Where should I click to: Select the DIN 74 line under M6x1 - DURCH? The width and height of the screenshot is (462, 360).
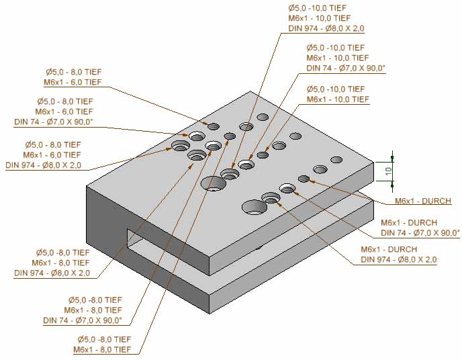420,232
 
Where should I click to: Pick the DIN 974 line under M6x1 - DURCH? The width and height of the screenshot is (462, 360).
398,259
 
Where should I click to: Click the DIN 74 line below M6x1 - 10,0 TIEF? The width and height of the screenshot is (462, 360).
346,68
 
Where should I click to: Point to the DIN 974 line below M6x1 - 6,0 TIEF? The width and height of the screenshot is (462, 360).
43,165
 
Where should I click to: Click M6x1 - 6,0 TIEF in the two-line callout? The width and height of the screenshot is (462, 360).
73,82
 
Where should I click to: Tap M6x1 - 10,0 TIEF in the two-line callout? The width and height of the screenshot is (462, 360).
337,99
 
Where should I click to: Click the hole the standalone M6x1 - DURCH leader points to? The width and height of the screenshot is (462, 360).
304,179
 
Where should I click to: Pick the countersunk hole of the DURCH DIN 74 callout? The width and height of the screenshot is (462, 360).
287,189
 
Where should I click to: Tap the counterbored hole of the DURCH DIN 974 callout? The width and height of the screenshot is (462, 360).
271,197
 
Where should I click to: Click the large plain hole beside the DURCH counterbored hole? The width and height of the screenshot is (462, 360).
254,207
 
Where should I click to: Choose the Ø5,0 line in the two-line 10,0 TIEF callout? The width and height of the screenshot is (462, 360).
335,89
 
